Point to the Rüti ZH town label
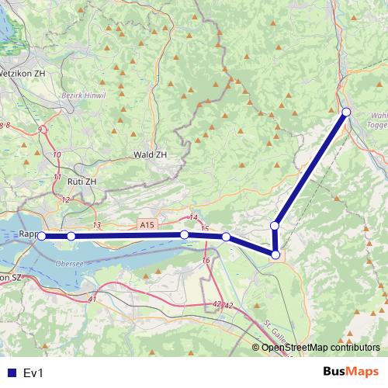[x=81, y=181]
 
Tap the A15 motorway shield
[x=147, y=224]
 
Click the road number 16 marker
[x=206, y=261]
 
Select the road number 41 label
[x=92, y=299]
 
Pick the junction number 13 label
[x=96, y=225]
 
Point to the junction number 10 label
[x=57, y=155]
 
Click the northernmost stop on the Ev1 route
[x=346, y=113]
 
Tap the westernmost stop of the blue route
[x=42, y=236]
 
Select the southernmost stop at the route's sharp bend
[x=275, y=254]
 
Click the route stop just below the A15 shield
[x=185, y=234]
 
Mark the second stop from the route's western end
[x=71, y=236]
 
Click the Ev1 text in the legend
[x=33, y=373]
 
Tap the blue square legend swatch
[x=11, y=373]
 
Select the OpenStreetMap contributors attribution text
[x=319, y=347]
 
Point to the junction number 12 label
[x=65, y=199]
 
